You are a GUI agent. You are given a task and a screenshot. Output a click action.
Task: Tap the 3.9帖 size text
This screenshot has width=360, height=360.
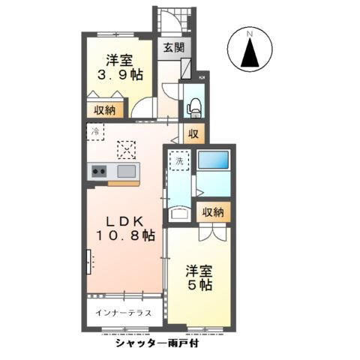pyautogui.click(x=119, y=74)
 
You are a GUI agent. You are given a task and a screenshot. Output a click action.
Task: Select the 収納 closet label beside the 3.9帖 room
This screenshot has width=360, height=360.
pyautogui.click(x=104, y=110)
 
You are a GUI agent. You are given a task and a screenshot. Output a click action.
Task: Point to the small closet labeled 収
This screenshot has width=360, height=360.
pyautogui.click(x=193, y=135)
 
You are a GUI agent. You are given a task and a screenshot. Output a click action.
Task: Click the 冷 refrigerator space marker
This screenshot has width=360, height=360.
pyautogui.click(x=95, y=132)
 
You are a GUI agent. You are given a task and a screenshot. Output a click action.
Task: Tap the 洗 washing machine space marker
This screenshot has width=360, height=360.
pyautogui.click(x=180, y=160)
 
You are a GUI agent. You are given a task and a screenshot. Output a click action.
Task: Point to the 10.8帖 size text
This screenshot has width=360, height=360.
pyautogui.click(x=124, y=236)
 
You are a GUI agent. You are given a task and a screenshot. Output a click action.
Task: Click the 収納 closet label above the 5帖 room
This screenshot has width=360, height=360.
pyautogui.click(x=212, y=212)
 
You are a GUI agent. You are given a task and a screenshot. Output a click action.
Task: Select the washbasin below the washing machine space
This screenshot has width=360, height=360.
pyautogui.click(x=181, y=214)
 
